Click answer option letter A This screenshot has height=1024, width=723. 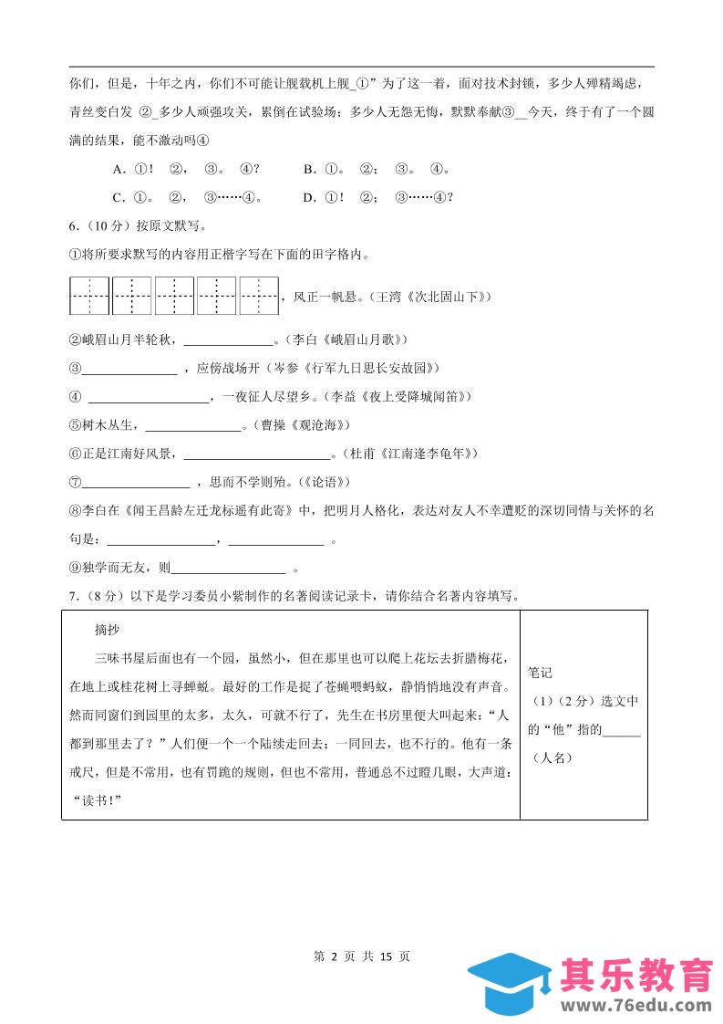tap(118, 169)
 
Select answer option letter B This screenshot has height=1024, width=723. tap(309, 169)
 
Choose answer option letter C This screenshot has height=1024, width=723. tap(118, 197)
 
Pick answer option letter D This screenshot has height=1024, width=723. tap(309, 197)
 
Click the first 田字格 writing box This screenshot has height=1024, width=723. tap(89, 296)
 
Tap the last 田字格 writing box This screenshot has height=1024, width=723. tap(259, 296)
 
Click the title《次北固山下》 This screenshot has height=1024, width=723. tap(441, 297)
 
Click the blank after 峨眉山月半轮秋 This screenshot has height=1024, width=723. tap(229, 341)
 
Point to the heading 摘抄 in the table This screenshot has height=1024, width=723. tap(108, 630)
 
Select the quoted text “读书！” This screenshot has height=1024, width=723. tap(96, 801)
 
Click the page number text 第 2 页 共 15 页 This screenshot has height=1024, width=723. tap(361, 956)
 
